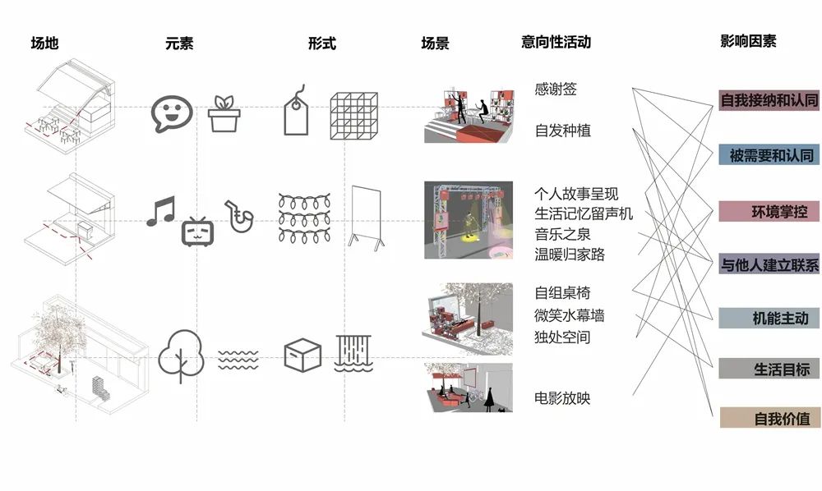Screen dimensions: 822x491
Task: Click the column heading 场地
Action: pos(44,43)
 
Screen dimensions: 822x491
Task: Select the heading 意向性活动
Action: pos(556,42)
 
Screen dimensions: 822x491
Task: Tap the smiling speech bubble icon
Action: pos(172,113)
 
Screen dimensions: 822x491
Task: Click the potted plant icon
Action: pos(224,113)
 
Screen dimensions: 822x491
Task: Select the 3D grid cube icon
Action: pos(353,116)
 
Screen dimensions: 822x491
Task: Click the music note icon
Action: pos(161,211)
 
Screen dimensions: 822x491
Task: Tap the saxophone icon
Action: pos(239,216)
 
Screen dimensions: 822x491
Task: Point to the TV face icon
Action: pos(197,232)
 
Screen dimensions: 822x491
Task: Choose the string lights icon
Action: pos(305,218)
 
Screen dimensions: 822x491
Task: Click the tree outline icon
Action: pos(181,356)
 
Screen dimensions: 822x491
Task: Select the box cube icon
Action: pos(302,356)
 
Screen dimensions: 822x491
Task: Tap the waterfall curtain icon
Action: pos(353,353)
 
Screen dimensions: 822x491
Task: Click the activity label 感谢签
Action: pos(556,89)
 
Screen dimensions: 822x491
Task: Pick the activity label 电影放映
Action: pos(562,398)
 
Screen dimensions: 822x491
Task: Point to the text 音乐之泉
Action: pos(562,234)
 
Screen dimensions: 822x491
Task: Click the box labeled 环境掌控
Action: pos(769,211)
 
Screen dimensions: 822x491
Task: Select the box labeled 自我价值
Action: pos(769,418)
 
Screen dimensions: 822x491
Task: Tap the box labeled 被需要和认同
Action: pos(769,155)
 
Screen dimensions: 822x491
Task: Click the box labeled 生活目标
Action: pos(769,369)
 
